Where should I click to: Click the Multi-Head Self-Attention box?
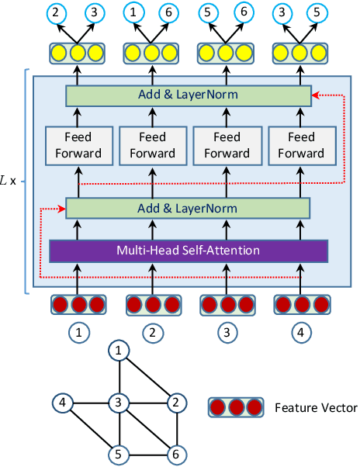coord(189,251)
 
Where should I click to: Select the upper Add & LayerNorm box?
coord(189,95)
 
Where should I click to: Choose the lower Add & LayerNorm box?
coord(189,209)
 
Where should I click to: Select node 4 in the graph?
coord(62,403)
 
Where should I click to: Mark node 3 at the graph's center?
coord(119,403)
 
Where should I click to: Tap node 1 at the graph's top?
coord(119,352)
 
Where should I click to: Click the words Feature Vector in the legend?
coord(317,407)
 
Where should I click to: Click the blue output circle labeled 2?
coord(55,12)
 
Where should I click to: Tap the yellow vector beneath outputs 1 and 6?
coord(152,53)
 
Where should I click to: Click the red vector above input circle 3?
coord(226,303)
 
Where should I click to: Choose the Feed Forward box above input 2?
coord(152,145)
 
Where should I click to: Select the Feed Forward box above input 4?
coord(300,145)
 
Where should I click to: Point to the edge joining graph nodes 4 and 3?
coord(91,403)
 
